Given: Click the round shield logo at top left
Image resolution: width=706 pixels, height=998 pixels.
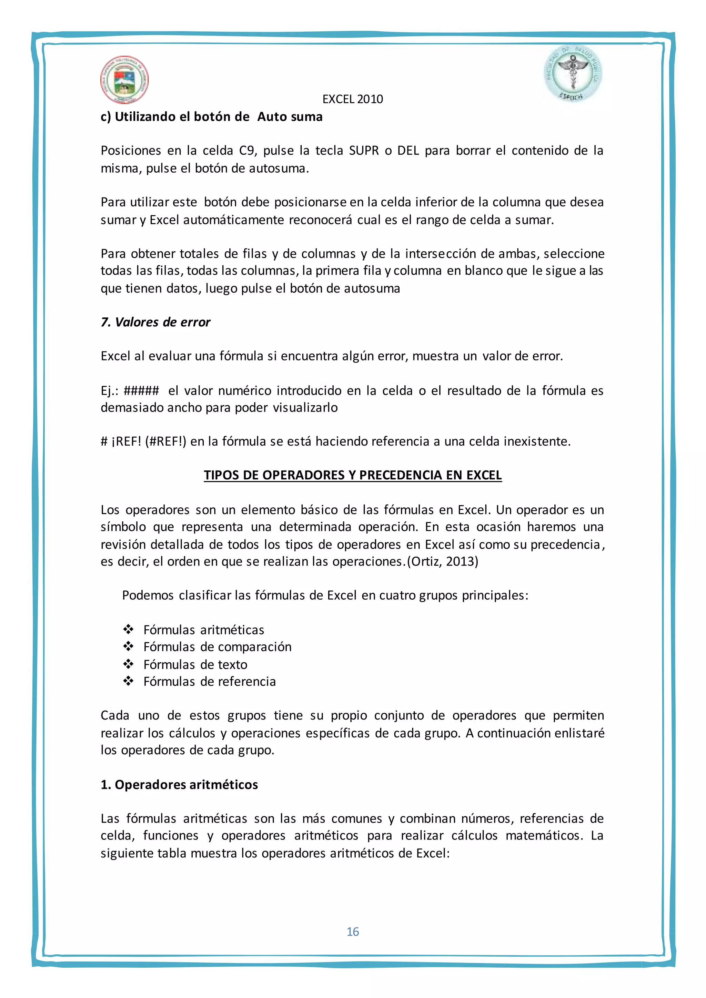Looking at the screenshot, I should tap(124, 80).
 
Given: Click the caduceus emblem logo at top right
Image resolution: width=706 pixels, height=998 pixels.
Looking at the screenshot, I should tap(573, 74).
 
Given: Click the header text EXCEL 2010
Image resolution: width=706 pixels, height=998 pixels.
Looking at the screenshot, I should tap(353, 99).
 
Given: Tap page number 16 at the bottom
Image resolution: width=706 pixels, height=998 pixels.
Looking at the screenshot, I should tap(353, 931).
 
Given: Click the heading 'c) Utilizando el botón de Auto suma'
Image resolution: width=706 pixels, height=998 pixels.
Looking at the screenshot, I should tap(211, 117).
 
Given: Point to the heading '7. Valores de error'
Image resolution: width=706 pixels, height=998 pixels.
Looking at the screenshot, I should tap(155, 322).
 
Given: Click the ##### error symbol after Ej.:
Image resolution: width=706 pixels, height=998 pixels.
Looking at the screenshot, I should tap(141, 390).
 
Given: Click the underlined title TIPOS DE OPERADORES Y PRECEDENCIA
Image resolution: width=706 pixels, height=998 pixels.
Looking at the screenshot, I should tap(353, 475).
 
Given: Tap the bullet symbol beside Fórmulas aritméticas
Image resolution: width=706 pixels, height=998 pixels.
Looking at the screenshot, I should tap(128, 629).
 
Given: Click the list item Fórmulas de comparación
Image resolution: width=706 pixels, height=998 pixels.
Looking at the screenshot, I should tap(218, 647).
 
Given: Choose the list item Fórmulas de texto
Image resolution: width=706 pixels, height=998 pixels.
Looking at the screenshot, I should tap(195, 664).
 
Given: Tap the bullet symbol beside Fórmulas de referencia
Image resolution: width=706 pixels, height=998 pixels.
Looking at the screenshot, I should tap(128, 681).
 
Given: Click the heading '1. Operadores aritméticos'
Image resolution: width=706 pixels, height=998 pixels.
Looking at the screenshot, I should tap(179, 785).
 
